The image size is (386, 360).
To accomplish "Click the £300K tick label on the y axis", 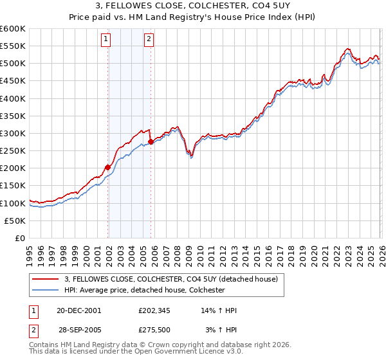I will coord(12,133).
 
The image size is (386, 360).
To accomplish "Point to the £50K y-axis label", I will coord(14,221).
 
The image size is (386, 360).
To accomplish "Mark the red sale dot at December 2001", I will coord(108,167).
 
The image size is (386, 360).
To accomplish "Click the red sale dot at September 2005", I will coord(151,141).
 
